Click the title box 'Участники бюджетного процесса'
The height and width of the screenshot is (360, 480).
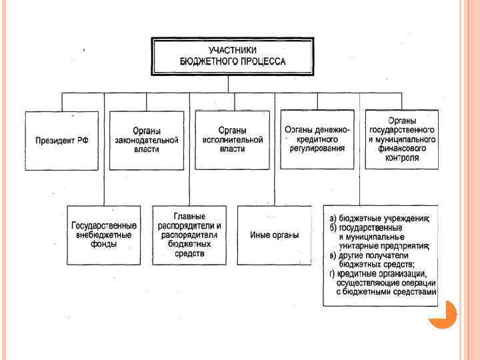tap(233, 56)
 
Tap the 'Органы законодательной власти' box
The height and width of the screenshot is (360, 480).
tap(146, 141)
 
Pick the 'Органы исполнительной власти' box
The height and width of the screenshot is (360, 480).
tap(232, 139)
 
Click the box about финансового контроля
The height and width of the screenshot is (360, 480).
tap(402, 139)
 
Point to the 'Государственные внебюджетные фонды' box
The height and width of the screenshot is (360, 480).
tap(104, 235)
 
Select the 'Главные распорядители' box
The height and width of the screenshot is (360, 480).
tap(189, 235)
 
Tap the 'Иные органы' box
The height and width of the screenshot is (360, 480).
tap(274, 235)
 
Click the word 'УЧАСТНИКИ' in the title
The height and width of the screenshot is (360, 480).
tap(233, 50)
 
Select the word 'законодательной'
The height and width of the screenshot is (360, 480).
tap(146, 141)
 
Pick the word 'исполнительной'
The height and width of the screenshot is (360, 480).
tap(232, 140)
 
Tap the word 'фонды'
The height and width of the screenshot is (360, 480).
tap(105, 245)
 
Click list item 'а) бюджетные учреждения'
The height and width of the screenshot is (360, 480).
tap(380, 219)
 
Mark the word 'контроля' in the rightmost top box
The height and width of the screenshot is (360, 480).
tap(402, 159)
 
